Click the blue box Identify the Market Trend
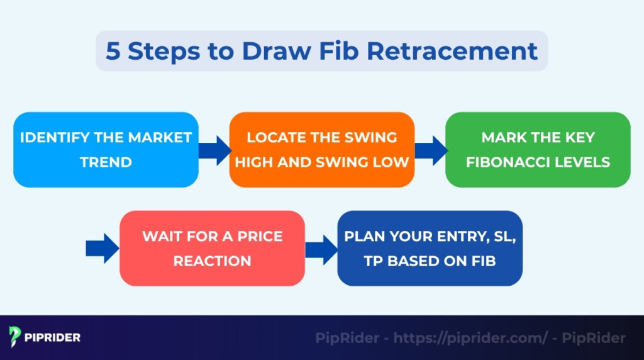coord(106,150)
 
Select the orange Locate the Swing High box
coord(321,150)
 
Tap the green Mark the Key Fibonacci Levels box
coord(538,150)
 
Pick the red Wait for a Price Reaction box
coord(212,248)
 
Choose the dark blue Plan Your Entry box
coord(430,248)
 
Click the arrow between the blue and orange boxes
coord(214,150)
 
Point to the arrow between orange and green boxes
coord(430,150)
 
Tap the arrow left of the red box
coord(102,249)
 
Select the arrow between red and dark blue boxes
coord(321,249)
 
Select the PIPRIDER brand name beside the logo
coord(53,337)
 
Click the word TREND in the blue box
coord(106,162)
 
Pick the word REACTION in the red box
coord(212,261)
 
